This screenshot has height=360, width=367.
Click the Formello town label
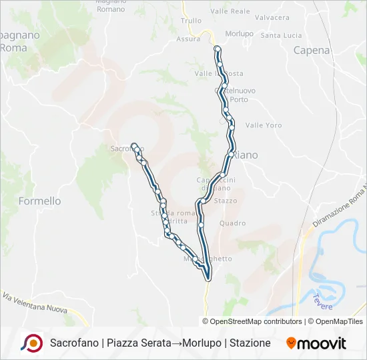click(40, 201)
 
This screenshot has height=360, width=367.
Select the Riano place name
click(245, 155)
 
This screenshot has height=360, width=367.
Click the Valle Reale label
click(230, 11)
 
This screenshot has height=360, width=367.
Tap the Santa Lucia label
click(282, 35)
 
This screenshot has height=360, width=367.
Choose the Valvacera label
click(272, 17)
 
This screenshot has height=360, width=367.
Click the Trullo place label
click(191, 20)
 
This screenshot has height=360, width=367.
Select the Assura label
click(188, 39)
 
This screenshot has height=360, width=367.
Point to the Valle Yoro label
click(264, 125)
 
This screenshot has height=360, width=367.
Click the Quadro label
click(232, 223)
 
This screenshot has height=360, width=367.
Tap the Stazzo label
click(226, 200)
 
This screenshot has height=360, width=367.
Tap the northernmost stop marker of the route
click(217, 49)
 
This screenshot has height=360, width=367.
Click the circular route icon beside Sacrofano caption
click(31, 343)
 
